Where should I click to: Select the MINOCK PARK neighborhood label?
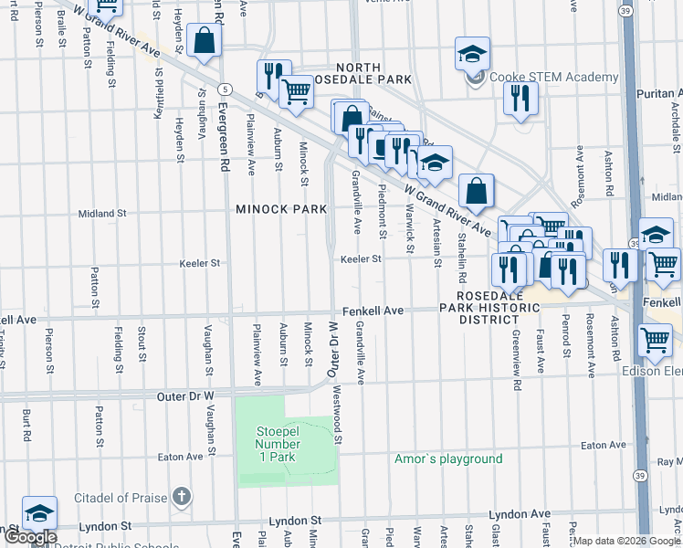tap(281, 209)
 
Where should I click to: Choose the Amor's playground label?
tap(448, 458)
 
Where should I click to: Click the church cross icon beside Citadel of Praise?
tap(182, 498)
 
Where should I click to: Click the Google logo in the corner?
tap(29, 537)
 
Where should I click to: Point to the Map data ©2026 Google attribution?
tap(626, 541)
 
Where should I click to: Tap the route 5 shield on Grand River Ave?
tap(224, 88)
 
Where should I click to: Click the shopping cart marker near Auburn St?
tap(296, 91)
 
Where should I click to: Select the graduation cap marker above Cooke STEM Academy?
tap(473, 54)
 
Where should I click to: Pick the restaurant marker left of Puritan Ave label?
tap(520, 98)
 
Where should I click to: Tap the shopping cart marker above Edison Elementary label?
tap(656, 340)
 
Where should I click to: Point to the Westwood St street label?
tap(338, 421)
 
